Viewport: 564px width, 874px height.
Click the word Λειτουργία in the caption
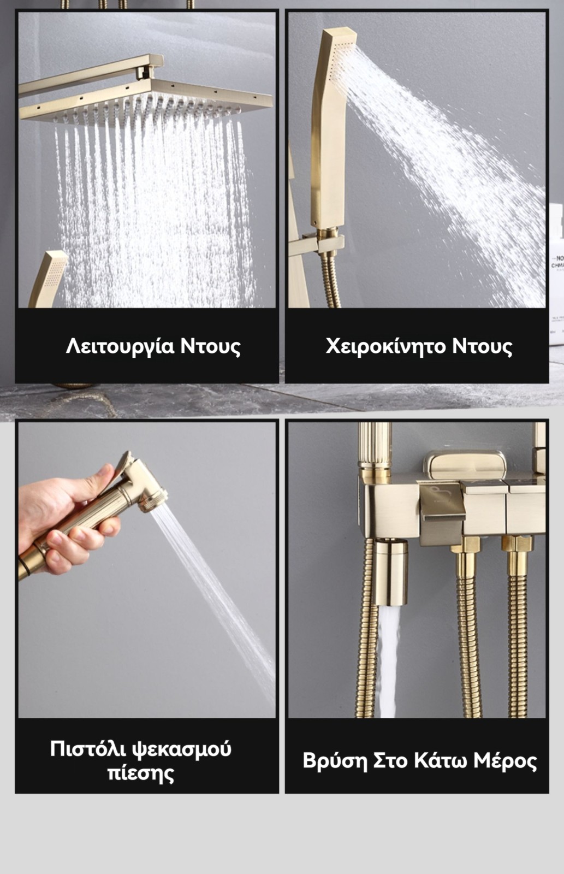(120, 346)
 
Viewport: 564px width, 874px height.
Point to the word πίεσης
(140, 773)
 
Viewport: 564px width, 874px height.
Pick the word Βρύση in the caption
(335, 761)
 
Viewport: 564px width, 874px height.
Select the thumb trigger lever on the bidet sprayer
(126, 461)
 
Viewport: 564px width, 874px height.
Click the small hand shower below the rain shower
(48, 279)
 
